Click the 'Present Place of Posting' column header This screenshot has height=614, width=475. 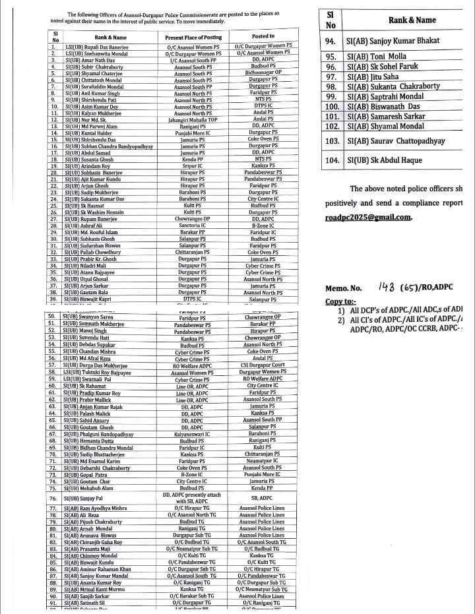[x=192, y=37]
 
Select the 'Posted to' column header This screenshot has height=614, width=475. [x=263, y=37]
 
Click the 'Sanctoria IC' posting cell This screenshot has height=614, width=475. [x=192, y=226]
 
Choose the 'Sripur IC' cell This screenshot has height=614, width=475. [x=192, y=166]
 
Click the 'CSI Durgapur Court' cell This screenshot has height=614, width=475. [x=263, y=365]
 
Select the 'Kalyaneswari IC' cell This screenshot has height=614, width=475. [x=192, y=434]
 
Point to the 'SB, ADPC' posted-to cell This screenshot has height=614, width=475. [x=263, y=498]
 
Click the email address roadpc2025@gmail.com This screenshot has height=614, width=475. [x=368, y=216]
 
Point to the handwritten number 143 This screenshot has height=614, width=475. [x=389, y=287]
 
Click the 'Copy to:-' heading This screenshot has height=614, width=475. [x=340, y=301]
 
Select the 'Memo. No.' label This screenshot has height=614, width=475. [x=344, y=288]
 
